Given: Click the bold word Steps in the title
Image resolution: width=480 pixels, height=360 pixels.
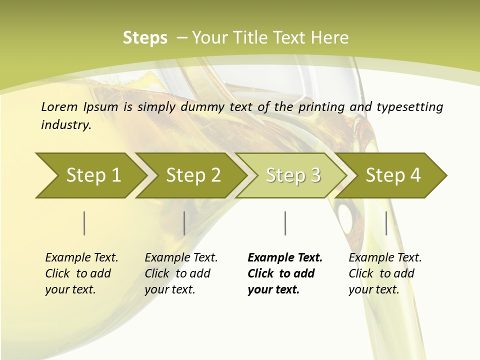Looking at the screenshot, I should point(145,38).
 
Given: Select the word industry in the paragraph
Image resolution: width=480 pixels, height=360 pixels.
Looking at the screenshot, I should point(65,125).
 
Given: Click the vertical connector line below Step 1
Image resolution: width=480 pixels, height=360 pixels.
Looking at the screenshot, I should point(84,223).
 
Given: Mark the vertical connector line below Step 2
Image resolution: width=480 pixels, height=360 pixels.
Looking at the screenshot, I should point(184,223).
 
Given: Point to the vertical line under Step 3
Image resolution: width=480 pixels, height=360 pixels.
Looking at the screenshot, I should point(285,223).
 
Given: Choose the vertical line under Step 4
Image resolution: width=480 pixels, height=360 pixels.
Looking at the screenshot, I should point(386,223).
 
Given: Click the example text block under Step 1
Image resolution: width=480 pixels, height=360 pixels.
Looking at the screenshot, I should point(81,273).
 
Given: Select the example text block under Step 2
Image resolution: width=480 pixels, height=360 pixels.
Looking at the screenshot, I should point(181,273).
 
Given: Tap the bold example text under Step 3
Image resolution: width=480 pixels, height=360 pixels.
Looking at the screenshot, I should point(284,273).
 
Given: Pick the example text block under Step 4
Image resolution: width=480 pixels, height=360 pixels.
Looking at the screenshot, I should point(385,273).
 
